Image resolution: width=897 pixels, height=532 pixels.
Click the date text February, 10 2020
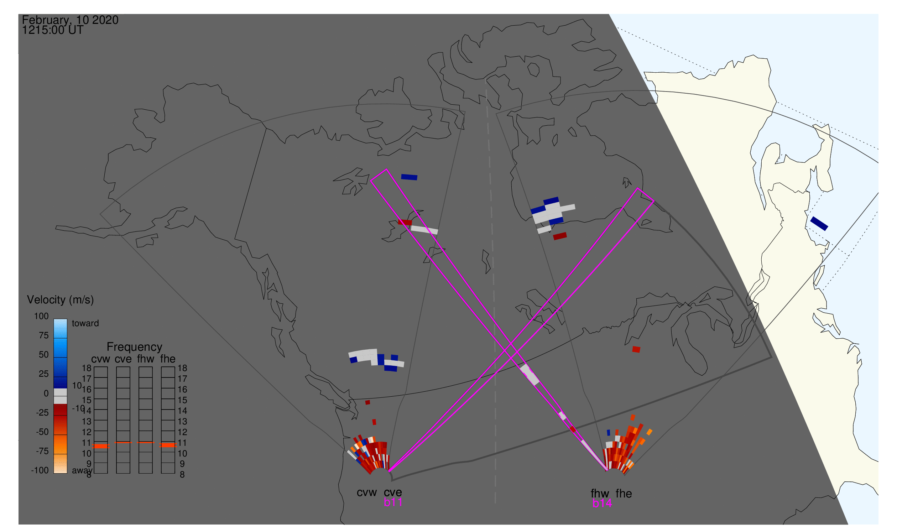70,20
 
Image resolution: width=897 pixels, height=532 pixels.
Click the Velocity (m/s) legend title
60,300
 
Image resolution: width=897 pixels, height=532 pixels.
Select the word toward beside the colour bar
85,323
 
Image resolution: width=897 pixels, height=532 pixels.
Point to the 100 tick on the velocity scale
41,316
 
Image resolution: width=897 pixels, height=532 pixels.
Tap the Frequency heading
135,347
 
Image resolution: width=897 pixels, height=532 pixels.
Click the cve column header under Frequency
123,359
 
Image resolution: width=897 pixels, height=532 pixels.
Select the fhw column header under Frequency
145,359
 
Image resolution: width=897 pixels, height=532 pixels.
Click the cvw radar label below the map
366,492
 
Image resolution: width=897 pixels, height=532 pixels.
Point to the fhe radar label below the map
624,494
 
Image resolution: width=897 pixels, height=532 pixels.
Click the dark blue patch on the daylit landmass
819,223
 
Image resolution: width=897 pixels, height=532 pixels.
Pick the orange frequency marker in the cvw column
101,446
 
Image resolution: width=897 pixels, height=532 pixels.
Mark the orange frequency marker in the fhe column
168,445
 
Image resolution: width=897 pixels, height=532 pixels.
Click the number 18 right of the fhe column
182,368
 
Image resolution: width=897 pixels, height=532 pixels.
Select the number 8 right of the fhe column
182,475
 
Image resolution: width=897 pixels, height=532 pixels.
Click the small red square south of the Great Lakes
636,350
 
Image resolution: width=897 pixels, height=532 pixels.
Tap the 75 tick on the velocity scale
44,335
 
